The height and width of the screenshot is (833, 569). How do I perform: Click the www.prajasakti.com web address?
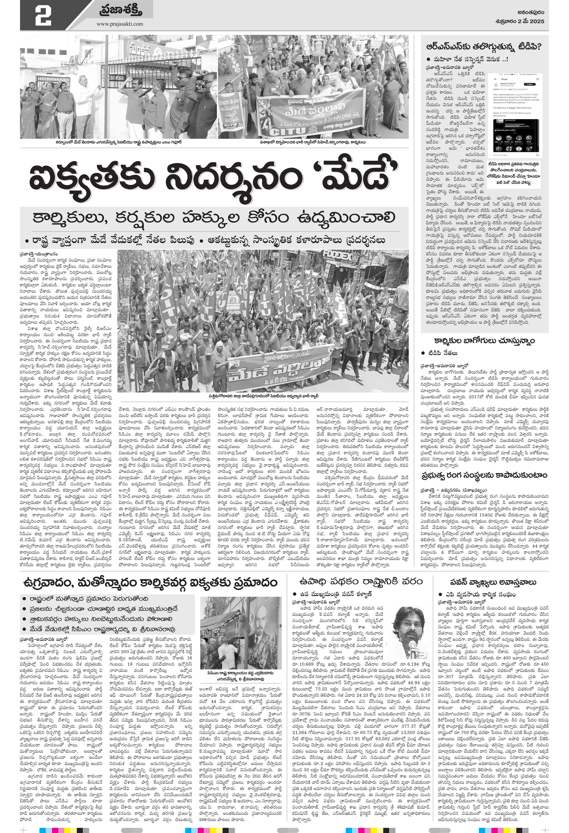[x=119, y=24]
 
